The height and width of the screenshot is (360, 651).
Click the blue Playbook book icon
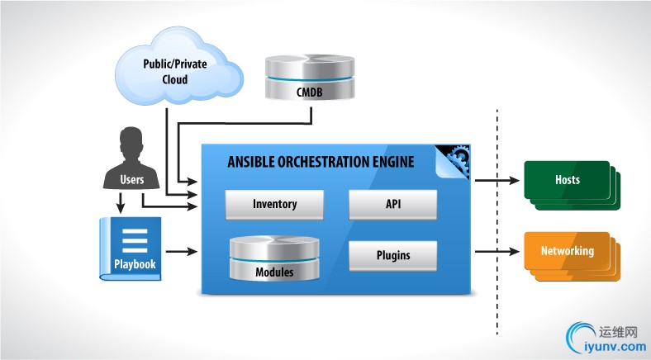click(131, 248)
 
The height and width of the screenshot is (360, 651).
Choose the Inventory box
click(273, 204)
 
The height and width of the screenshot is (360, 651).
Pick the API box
click(392, 204)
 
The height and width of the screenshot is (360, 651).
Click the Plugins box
click(392, 255)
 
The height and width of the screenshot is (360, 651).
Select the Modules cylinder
click(273, 258)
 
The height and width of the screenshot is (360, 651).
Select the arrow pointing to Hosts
click(495, 179)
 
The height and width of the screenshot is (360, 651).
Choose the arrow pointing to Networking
click(495, 250)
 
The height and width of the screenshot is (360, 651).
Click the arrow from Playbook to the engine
click(181, 250)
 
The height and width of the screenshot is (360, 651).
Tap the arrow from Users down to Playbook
click(121, 202)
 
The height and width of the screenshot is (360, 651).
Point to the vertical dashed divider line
click(497, 223)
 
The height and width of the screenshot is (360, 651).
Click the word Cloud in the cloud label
click(174, 80)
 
